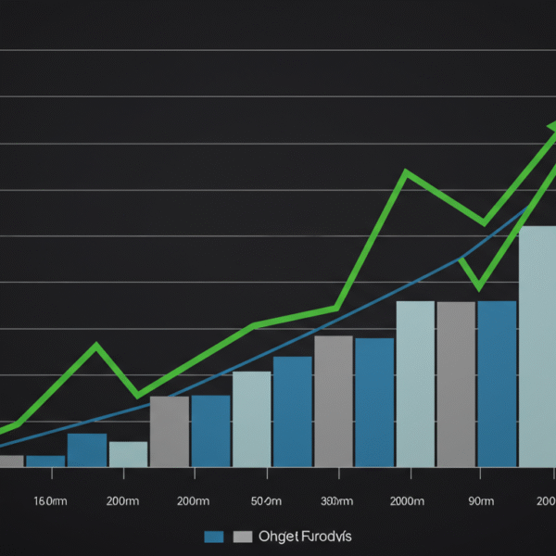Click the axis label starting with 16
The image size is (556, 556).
[x=50, y=501]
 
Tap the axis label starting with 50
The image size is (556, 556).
[x=266, y=501]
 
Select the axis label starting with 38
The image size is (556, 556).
[x=336, y=501]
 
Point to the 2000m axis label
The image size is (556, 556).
[x=409, y=501]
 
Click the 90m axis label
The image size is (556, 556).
[x=480, y=501]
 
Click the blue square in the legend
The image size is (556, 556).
[x=214, y=537]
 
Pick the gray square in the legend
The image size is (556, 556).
[x=243, y=537]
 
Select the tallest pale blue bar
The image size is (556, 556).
[x=537, y=347]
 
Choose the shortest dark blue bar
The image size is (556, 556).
[x=45, y=461]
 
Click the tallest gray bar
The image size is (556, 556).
[x=456, y=384]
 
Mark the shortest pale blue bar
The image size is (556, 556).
[x=128, y=454]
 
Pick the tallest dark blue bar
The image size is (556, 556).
[x=497, y=384]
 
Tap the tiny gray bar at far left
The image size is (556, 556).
[x=10, y=461]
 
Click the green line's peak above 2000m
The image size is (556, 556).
[x=406, y=172]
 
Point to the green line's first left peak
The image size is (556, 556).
[x=95, y=346]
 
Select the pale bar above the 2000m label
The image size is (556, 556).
[x=415, y=384]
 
